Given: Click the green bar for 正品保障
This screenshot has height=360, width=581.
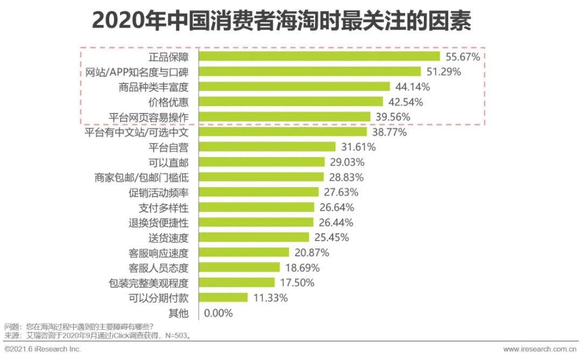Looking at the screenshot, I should click(x=320, y=57).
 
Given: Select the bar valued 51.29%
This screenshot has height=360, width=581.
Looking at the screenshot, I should click(x=310, y=72).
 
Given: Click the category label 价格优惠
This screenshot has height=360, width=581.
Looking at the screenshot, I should click(x=168, y=102).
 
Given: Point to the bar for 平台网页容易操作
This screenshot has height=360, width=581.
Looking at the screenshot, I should click(x=285, y=117).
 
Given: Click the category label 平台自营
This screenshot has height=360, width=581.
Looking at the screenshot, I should click(x=168, y=147).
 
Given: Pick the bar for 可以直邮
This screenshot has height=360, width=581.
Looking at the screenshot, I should click(x=262, y=162).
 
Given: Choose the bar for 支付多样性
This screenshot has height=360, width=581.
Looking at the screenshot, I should click(x=257, y=207).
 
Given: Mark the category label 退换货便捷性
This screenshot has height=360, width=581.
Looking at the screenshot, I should click(x=158, y=222).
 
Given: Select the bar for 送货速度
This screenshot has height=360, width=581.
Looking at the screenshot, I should click(x=254, y=237).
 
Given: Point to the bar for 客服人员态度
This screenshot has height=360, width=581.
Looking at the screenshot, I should click(x=239, y=267).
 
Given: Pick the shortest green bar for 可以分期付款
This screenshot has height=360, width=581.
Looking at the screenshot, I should click(x=223, y=298).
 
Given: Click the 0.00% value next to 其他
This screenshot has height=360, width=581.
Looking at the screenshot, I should click(x=219, y=313).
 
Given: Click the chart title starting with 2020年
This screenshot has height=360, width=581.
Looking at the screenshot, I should click(x=281, y=22).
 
